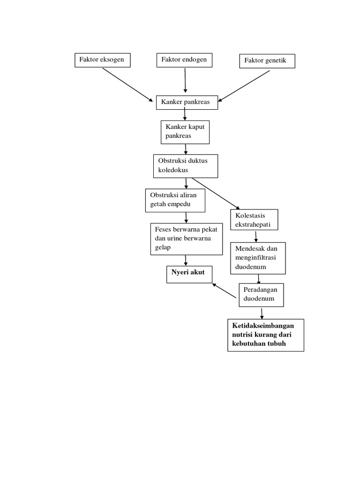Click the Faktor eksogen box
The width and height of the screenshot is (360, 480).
pyautogui.click(x=102, y=60)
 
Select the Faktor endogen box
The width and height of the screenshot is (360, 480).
pyautogui.click(x=184, y=60)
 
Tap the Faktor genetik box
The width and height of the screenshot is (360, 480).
pyautogui.click(x=267, y=61)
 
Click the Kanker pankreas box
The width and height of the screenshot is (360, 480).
pyautogui.click(x=187, y=102)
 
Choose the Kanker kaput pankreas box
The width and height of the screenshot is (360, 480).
pyautogui.click(x=185, y=132)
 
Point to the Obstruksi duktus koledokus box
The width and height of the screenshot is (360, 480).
pyautogui.click(x=186, y=166)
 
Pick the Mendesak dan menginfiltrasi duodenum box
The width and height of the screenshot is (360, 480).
pyautogui.click(x=257, y=258)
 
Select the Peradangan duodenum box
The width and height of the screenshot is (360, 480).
pyautogui.click(x=261, y=294)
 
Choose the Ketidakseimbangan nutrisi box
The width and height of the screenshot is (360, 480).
pyautogui.click(x=265, y=335)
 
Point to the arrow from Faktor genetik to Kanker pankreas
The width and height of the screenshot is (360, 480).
pyautogui.click(x=244, y=86)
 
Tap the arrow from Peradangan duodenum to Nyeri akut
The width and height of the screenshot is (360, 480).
pyautogui.click(x=224, y=291)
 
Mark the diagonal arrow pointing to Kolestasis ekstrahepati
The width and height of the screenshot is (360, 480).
pyautogui.click(x=216, y=194)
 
